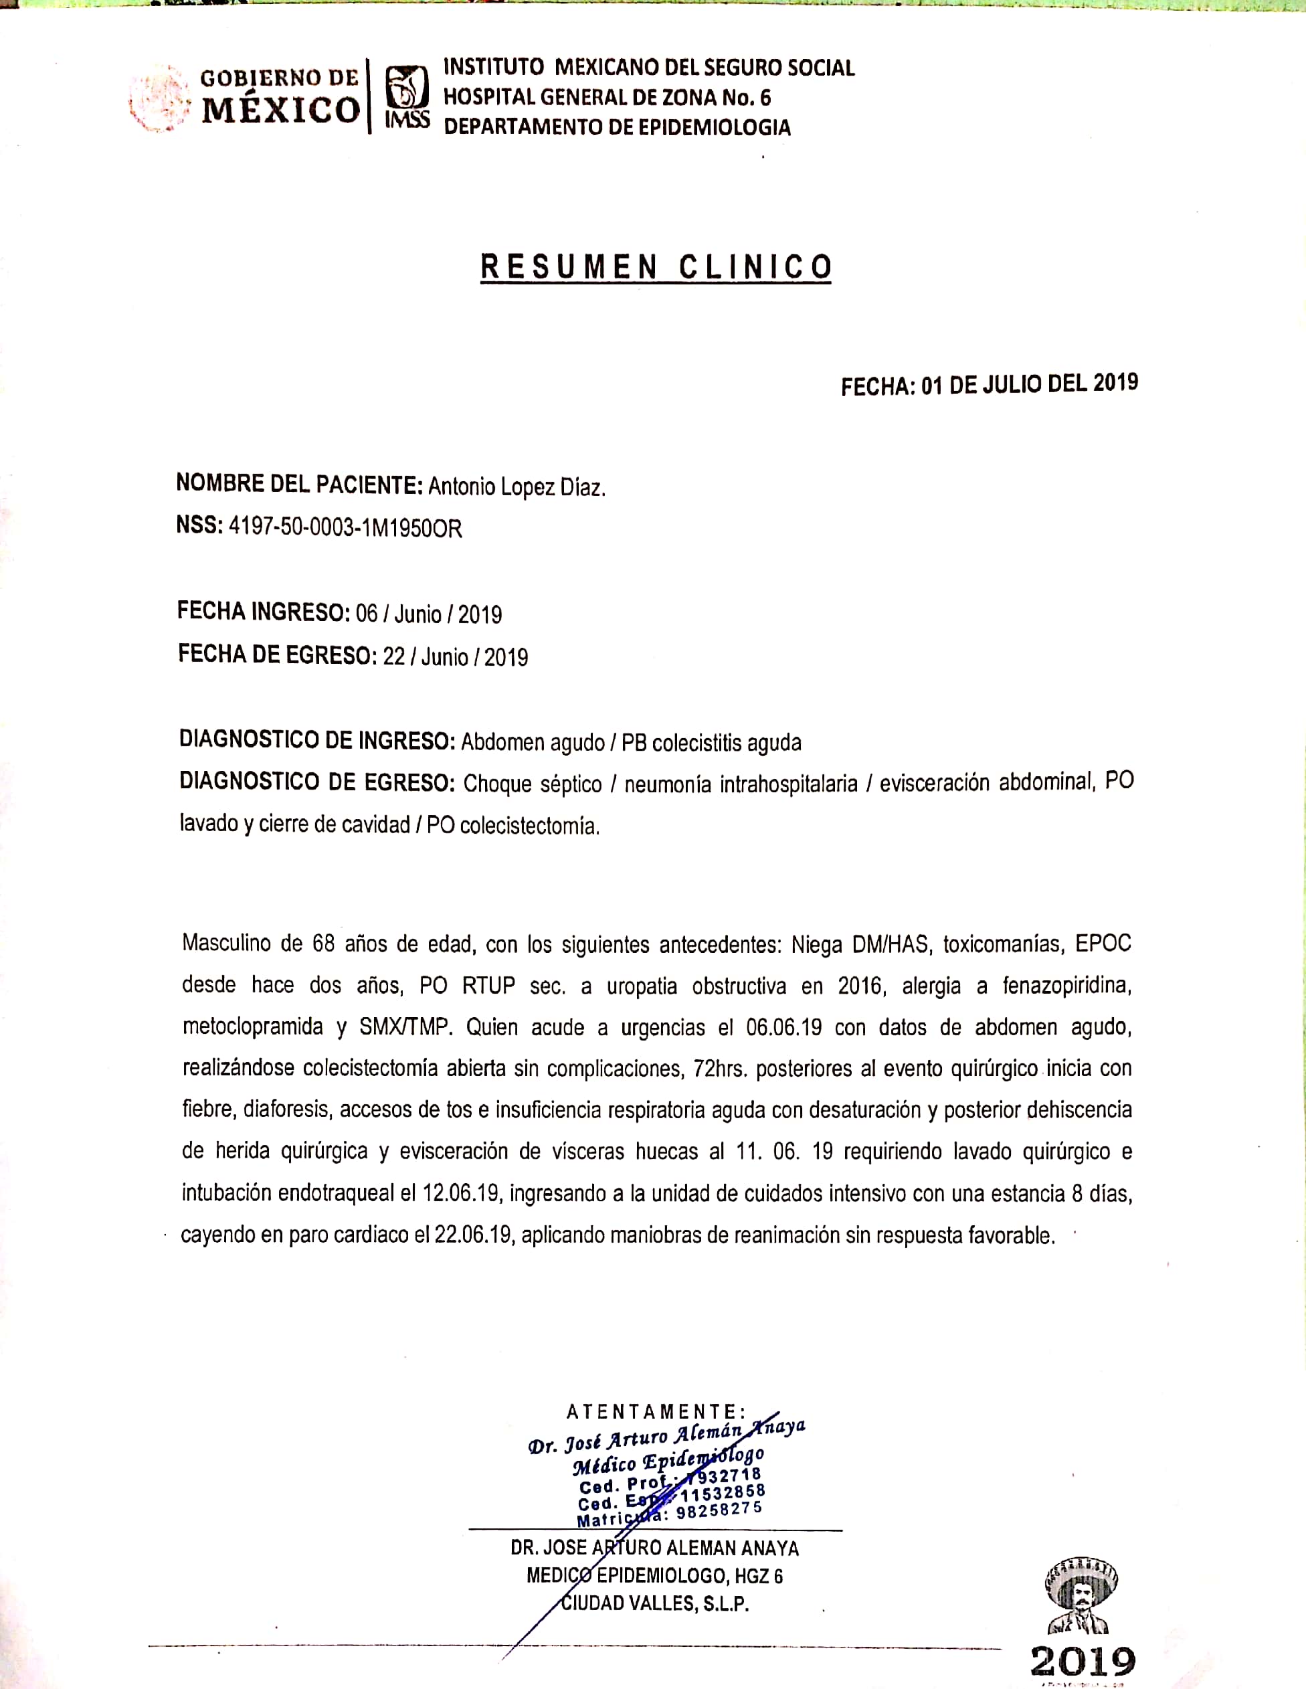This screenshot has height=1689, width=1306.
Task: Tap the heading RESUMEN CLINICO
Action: tap(656, 267)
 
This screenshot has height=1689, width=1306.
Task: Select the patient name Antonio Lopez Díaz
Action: tap(517, 487)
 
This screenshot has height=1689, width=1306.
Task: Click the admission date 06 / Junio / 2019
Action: tap(428, 615)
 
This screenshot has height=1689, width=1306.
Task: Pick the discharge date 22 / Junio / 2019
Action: tap(456, 657)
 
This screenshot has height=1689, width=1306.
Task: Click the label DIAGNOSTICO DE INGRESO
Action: tap(317, 741)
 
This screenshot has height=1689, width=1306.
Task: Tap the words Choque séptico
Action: tap(532, 784)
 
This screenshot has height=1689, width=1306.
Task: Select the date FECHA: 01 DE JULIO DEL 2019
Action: tap(989, 384)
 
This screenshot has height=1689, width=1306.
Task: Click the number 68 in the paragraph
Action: tap(323, 944)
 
